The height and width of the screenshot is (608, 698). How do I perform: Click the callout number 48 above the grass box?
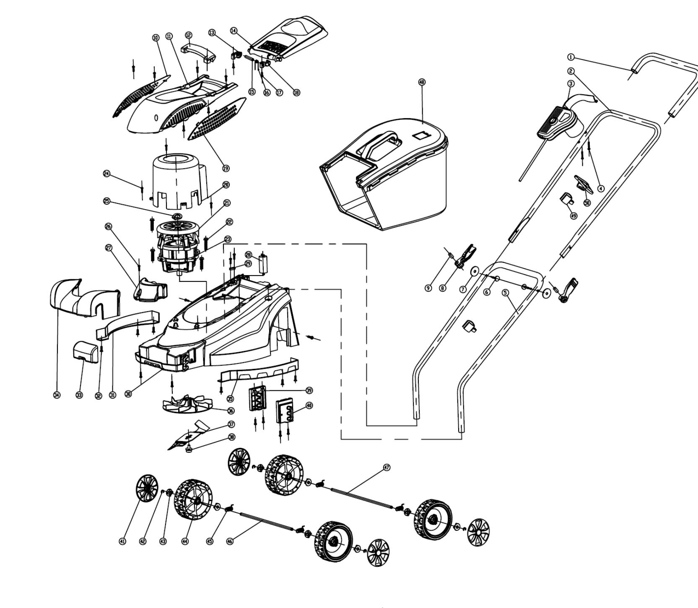422,82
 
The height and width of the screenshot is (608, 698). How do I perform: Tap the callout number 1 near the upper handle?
571,57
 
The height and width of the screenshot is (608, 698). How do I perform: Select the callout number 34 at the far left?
57,395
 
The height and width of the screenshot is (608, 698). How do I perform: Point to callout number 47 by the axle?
387,467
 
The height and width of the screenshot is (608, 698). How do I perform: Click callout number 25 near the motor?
107,201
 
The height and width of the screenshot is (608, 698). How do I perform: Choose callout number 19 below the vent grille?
226,168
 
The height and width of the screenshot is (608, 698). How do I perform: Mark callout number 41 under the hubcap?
122,541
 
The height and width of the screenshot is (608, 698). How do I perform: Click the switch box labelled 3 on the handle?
555,124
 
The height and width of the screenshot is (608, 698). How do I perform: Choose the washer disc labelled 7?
474,271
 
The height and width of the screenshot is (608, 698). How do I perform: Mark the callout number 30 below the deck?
129,394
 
